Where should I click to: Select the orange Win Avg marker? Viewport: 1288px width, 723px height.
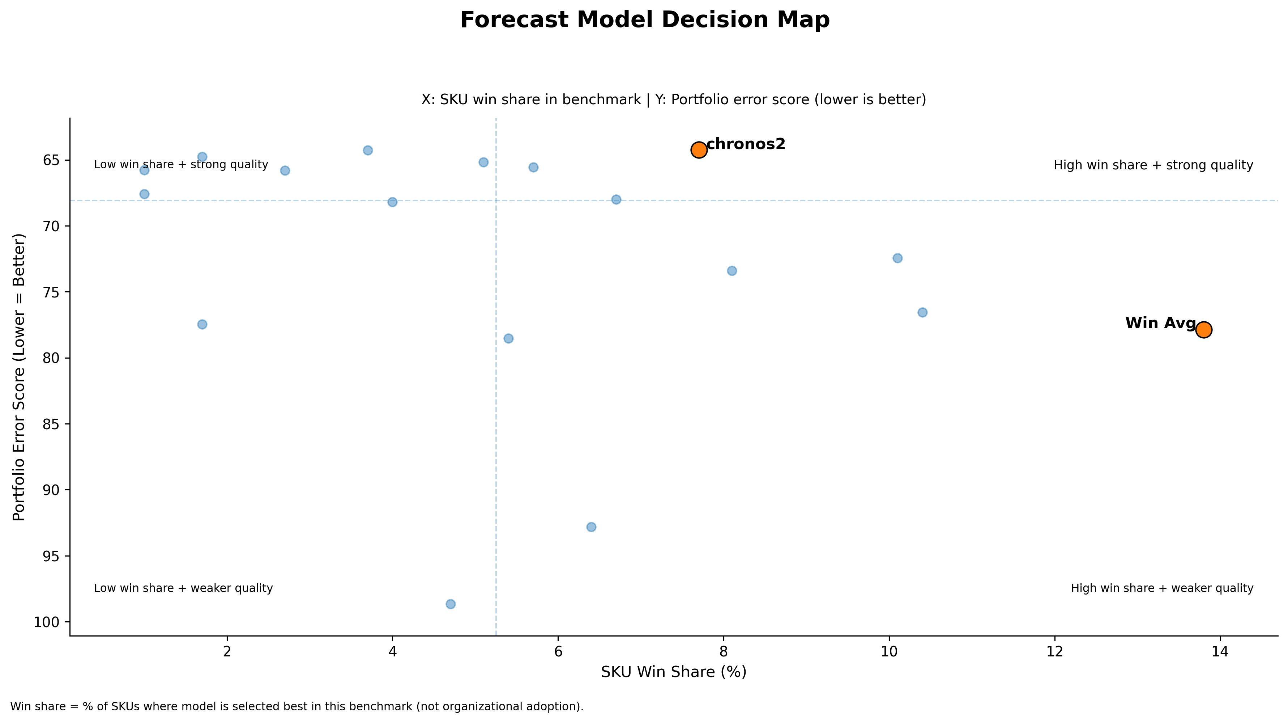coord(1203,330)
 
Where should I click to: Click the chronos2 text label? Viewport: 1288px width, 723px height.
coord(746,144)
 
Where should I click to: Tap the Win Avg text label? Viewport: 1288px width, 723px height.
coord(1160,323)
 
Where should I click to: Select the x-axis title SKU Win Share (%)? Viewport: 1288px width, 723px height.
coord(674,672)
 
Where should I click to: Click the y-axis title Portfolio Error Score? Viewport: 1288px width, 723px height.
coord(19,377)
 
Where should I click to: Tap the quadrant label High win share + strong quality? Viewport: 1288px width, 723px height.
coord(1153,165)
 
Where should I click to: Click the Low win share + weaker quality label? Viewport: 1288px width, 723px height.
coord(183,588)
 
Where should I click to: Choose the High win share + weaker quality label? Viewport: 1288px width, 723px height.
coord(1161,588)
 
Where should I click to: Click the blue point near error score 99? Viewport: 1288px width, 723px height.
coord(451,604)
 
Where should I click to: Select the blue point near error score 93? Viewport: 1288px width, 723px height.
coord(591,527)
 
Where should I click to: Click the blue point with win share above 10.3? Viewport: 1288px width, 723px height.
coord(922,312)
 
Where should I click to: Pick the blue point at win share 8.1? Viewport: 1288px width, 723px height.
coord(732,271)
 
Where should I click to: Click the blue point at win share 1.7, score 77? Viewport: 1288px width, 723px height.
coord(202,324)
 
